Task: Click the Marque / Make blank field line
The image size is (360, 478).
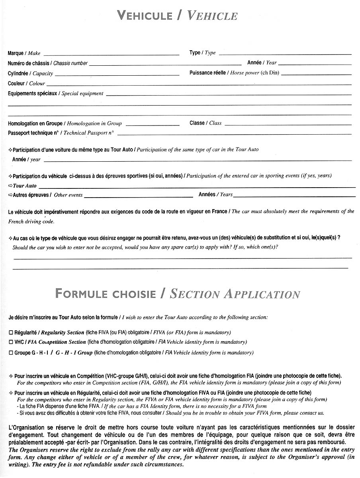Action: tap(111, 54)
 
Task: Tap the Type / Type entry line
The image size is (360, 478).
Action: tap(285, 54)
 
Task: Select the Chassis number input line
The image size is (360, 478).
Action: tap(165, 64)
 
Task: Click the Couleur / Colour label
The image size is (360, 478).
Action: tap(26, 84)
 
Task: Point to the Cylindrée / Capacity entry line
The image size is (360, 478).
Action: tap(117, 74)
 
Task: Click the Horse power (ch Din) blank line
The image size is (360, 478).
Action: tap(316, 74)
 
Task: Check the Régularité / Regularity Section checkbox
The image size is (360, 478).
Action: tap(10, 332)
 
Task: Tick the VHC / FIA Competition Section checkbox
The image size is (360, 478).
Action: tap(10, 342)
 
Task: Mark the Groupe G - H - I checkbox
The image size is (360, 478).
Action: tap(10, 353)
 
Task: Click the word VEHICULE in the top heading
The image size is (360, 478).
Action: tap(145, 16)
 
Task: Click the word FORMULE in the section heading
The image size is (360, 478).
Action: tap(81, 294)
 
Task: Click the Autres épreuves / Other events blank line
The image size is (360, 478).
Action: tap(139, 196)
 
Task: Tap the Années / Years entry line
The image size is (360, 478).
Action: tap(294, 196)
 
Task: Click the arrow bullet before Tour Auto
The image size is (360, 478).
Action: tap(10, 186)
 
